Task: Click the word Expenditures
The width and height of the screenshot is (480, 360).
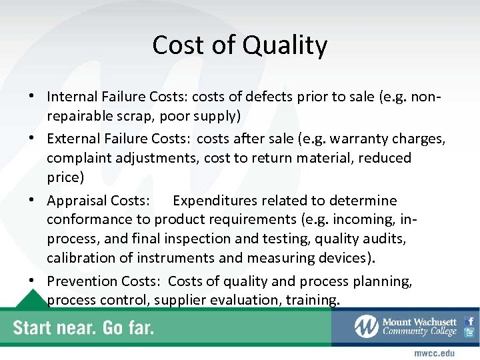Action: (x=217, y=201)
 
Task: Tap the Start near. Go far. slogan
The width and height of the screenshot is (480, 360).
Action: (x=83, y=328)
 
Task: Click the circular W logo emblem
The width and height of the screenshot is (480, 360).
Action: (x=366, y=326)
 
